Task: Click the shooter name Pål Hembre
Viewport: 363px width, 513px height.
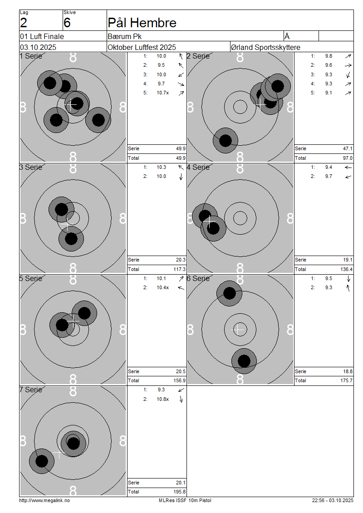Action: [142, 23]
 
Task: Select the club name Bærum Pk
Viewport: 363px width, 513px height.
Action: [125, 36]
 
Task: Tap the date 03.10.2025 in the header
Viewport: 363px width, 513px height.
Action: [38, 47]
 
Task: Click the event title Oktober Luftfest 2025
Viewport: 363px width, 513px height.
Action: [142, 47]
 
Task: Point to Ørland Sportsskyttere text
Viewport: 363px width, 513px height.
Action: [265, 47]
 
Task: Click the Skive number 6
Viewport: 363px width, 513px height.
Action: [67, 23]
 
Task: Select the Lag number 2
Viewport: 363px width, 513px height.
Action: [24, 23]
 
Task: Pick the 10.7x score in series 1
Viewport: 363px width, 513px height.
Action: [162, 93]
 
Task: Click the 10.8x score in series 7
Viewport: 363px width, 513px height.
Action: [162, 399]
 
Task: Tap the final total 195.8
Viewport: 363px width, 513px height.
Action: [180, 492]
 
